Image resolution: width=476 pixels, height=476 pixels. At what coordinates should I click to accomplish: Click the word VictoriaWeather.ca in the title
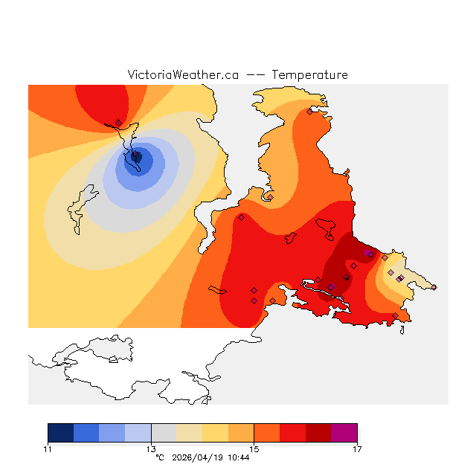pos(183,75)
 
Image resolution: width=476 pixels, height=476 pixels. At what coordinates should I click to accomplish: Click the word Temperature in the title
pos(309,75)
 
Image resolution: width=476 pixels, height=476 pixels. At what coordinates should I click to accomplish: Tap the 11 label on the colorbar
pos(48,448)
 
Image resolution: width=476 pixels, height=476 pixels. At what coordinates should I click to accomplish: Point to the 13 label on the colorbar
pos(151,448)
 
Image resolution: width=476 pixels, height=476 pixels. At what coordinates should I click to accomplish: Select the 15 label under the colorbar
pos(254,448)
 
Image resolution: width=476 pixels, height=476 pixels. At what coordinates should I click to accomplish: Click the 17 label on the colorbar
pos(357,448)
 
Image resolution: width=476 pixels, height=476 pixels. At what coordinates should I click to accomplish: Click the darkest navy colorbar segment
pos(61,433)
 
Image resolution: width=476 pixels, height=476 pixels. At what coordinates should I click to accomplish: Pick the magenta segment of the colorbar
pos(344,433)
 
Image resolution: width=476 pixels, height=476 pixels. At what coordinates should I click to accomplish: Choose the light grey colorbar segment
pos(164,433)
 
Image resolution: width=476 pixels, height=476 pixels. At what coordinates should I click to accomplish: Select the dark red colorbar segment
pos(318,433)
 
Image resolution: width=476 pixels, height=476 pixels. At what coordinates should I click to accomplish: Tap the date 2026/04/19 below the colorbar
pos(197,457)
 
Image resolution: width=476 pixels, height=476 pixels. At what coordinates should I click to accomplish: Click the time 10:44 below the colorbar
pos(238,457)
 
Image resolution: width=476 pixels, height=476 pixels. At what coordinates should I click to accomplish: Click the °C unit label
pos(160,457)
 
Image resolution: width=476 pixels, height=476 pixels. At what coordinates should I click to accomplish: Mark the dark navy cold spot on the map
pos(136,156)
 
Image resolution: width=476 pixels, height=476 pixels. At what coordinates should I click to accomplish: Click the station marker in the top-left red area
pos(118,123)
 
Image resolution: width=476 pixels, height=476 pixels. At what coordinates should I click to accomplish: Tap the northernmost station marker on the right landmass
pos(309,112)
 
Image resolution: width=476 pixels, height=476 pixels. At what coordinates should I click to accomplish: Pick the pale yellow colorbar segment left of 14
pos(190,433)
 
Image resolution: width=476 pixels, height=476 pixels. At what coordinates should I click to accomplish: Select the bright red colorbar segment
pos(292,433)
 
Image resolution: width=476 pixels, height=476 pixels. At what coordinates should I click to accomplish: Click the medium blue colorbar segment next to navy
pos(86,433)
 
